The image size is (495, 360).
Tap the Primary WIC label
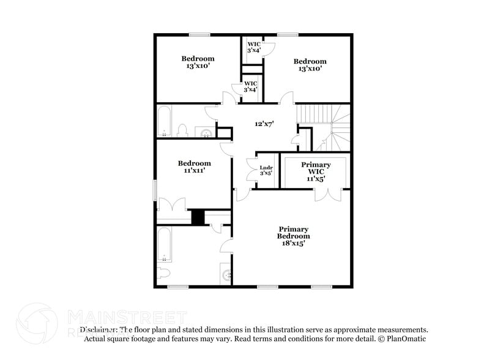coord(316,171)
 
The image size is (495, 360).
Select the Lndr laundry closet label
coord(266,170)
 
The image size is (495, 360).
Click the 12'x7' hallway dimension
coord(264,124)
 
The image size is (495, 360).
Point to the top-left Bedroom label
coord(198,62)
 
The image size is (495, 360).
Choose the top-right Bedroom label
coord(310,65)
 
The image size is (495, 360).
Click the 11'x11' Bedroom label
coord(195,167)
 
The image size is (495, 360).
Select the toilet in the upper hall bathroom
coord(182,130)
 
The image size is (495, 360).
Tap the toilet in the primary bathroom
coord(164,272)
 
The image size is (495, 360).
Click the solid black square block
coord(198,217)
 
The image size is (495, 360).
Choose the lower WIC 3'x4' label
coord(251,86)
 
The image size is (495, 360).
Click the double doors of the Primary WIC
coord(329,194)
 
